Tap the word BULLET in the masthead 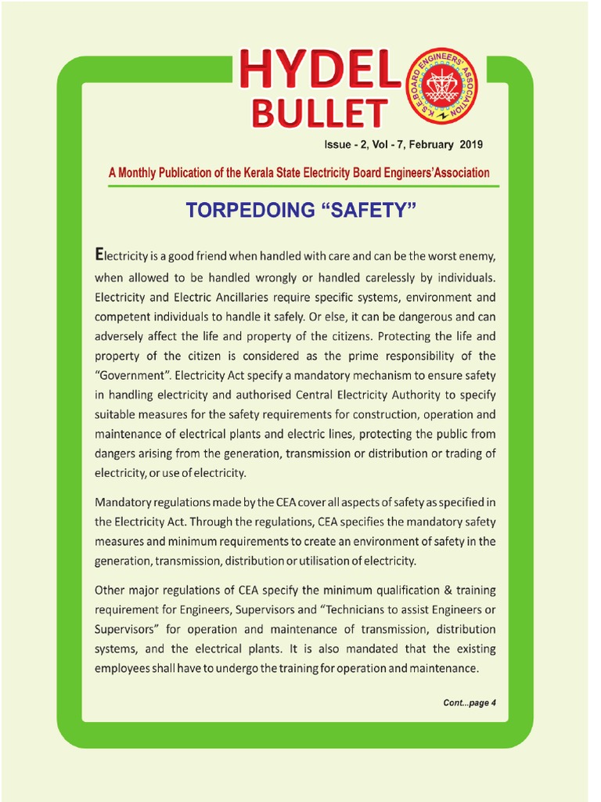pyautogui.click(x=318, y=114)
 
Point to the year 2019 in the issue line pyautogui.click(x=472, y=145)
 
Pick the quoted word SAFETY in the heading pyautogui.click(x=368, y=211)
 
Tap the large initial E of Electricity pyautogui.click(x=99, y=255)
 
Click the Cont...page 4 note pyautogui.click(x=470, y=703)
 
